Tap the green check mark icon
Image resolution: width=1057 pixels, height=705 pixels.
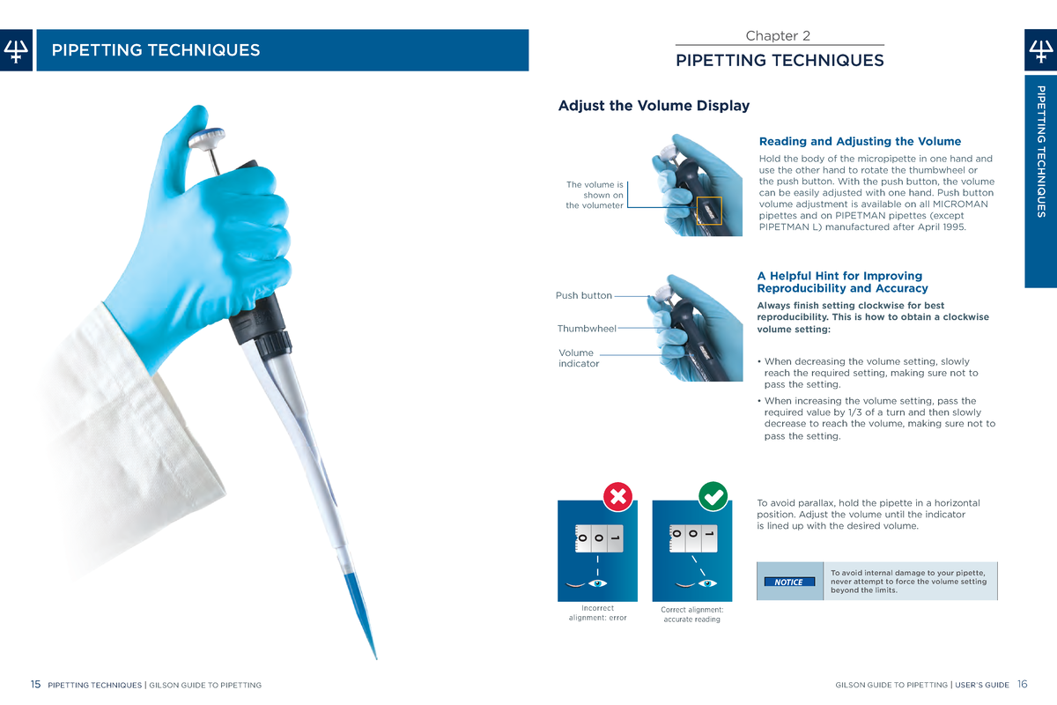[712, 497]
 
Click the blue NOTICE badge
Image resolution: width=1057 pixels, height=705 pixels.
[788, 582]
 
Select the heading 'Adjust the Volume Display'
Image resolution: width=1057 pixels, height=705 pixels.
[654, 106]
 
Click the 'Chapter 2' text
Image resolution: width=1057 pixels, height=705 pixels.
[778, 36]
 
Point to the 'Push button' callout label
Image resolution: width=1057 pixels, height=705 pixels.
[583, 296]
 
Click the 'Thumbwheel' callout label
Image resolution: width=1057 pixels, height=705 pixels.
[587, 329]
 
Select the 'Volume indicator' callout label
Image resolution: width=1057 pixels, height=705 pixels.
[579, 358]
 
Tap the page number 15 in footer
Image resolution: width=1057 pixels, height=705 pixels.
[35, 685]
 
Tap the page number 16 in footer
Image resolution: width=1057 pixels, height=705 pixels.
[1022, 685]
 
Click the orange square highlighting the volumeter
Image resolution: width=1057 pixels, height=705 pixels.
[708, 211]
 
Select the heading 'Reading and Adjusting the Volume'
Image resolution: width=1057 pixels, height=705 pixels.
[859, 141]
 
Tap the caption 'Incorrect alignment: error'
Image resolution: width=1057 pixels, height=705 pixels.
[598, 612]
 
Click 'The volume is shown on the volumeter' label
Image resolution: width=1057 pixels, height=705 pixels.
[595, 195]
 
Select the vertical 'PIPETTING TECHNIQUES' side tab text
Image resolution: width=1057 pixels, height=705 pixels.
[1040, 150]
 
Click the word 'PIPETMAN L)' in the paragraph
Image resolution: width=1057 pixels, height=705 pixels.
[791, 227]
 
